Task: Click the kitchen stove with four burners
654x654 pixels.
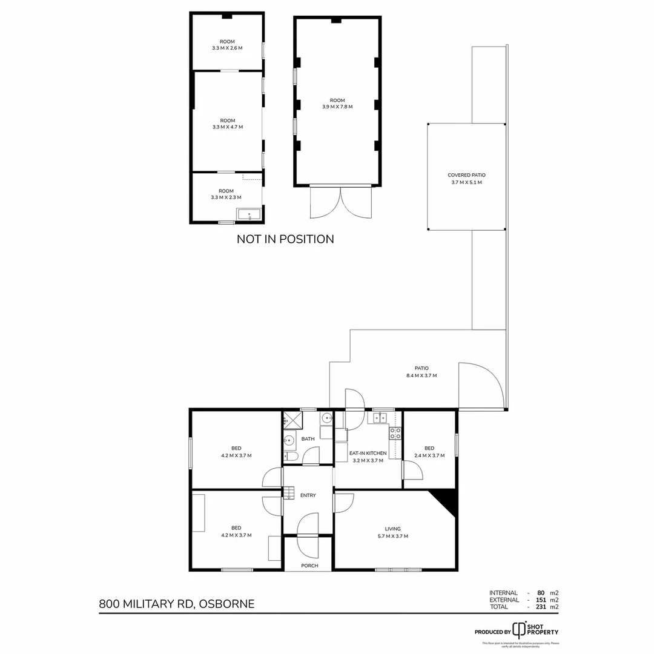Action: click(x=395, y=433)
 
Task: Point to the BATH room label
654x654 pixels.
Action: click(x=308, y=439)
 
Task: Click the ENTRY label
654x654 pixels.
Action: click(x=308, y=495)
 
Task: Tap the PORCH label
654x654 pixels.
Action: click(x=309, y=566)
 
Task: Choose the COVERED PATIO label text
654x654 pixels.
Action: click(x=466, y=179)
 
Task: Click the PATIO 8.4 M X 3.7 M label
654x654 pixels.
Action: click(x=421, y=372)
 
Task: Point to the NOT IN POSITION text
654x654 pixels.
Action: click(x=285, y=239)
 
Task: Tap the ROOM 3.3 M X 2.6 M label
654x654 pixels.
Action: click(x=227, y=44)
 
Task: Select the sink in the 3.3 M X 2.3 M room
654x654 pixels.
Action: click(x=249, y=214)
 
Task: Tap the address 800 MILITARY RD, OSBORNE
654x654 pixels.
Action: click(x=177, y=603)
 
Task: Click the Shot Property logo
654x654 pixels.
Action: click(x=533, y=629)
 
